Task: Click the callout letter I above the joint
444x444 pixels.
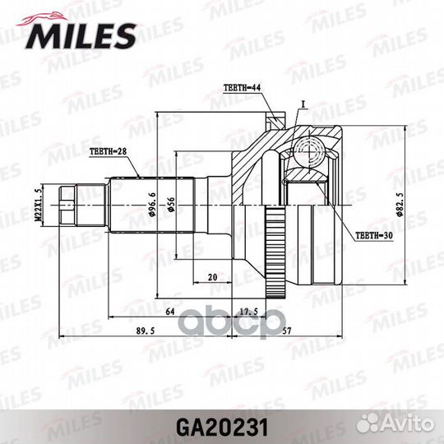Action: (303, 104)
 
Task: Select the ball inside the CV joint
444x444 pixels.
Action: (311, 150)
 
